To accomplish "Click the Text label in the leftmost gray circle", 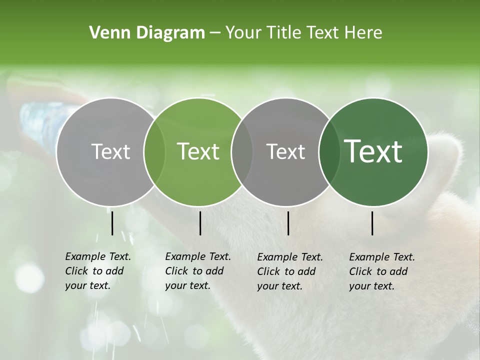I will tap(110, 152).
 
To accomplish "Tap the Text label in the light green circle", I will tap(198, 151).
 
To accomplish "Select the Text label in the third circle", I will tap(285, 152).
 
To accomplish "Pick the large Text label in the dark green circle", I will tap(373, 151).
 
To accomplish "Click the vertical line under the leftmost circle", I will tap(112, 223).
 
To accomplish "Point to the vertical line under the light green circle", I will tap(200, 223).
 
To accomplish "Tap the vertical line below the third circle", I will tap(288, 223).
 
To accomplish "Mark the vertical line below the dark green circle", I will tap(372, 223).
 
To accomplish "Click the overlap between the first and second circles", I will tap(154, 152).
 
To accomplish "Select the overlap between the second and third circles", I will tap(242, 152).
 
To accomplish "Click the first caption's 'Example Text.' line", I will tap(98, 256).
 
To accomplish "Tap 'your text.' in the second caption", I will tap(187, 285).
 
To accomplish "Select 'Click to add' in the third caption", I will tap(286, 271).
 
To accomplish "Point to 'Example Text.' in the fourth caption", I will tap(382, 257).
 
